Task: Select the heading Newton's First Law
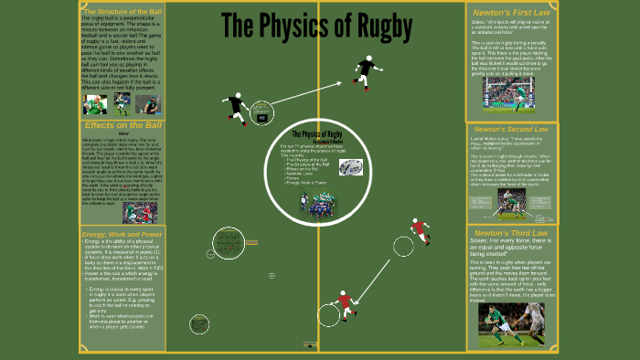510,12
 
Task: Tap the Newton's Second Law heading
510,129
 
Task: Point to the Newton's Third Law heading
510,235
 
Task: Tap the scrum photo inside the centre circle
320,205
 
